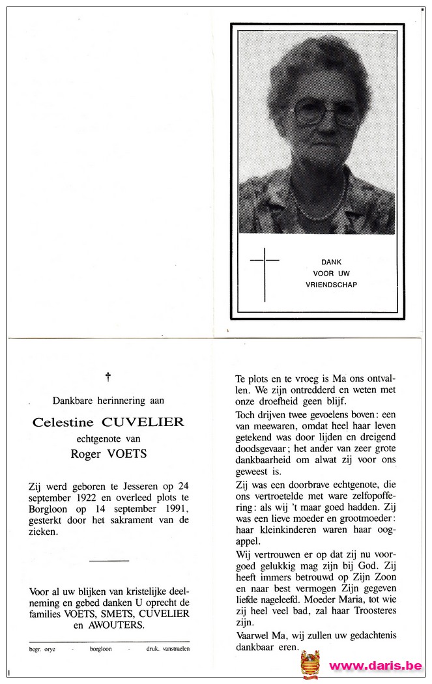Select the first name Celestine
[63, 422]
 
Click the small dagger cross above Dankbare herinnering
[108, 377]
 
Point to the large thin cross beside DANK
[265, 274]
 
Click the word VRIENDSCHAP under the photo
[331, 285]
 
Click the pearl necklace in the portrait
[319, 207]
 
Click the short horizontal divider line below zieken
[109, 560]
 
